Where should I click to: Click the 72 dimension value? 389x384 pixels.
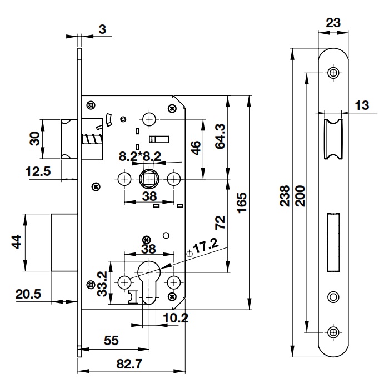(x=220, y=223)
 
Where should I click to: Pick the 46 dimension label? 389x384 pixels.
(x=196, y=148)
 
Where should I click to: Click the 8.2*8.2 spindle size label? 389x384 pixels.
(x=140, y=157)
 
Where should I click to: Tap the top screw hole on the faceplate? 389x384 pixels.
(x=333, y=73)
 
